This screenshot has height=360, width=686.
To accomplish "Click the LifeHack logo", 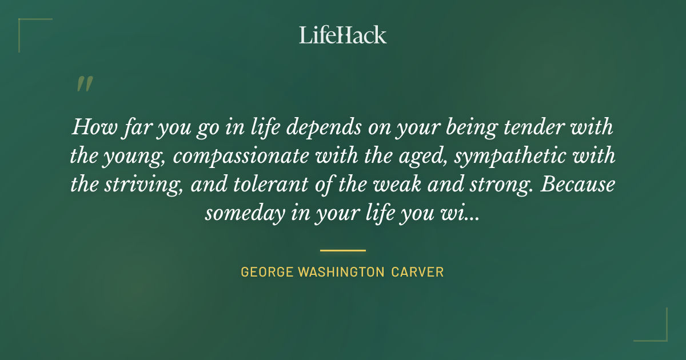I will (x=342, y=35).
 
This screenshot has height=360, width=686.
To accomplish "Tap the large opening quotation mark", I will (x=84, y=85).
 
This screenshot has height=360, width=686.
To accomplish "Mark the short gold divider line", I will (x=342, y=250).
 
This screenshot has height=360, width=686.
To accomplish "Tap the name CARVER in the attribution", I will (x=417, y=272).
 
